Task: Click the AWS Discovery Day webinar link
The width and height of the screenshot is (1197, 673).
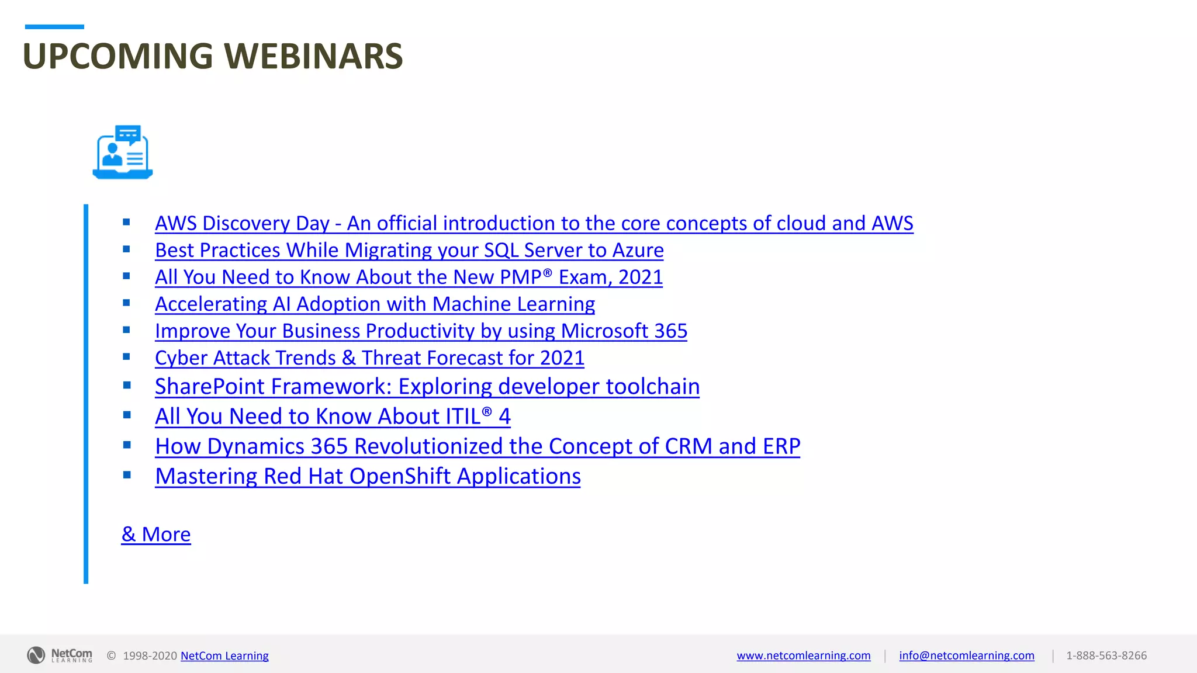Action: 533,224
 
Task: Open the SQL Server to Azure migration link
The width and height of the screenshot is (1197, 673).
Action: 409,251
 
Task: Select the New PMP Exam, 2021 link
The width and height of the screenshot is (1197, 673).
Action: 409,277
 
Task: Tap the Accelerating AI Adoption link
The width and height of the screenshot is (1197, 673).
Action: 375,304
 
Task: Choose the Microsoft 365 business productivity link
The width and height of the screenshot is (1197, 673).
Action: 421,331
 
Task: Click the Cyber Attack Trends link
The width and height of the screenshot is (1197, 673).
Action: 369,358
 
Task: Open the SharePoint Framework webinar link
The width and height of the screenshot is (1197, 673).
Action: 427,387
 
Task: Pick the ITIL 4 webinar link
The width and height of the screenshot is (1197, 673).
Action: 333,417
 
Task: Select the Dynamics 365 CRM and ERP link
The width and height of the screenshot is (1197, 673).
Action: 477,446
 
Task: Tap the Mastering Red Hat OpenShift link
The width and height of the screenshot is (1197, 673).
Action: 368,477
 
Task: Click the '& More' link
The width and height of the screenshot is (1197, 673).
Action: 156,535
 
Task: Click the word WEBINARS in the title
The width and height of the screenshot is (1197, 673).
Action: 313,56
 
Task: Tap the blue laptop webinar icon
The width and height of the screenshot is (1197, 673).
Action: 123,152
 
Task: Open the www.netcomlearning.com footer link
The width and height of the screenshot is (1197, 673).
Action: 803,655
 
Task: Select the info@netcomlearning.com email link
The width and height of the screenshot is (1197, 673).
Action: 966,655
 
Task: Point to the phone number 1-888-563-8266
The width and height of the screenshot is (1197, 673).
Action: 1106,655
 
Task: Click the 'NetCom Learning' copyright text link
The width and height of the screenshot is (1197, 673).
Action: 224,656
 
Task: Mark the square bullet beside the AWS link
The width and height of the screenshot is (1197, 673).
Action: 126,222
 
